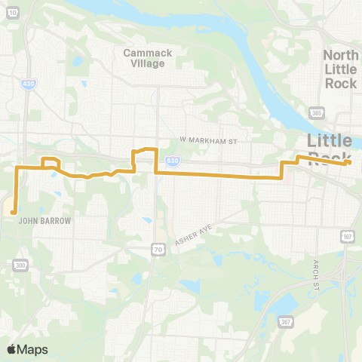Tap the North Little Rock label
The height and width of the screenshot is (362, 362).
[340, 69]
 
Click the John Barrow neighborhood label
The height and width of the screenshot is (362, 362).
[44, 222]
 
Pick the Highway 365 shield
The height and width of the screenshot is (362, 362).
[316, 113]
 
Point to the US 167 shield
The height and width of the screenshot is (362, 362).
[347, 238]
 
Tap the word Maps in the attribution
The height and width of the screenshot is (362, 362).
[32, 349]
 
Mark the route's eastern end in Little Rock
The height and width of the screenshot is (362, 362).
[349, 161]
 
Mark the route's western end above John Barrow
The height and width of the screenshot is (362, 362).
[14, 213]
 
